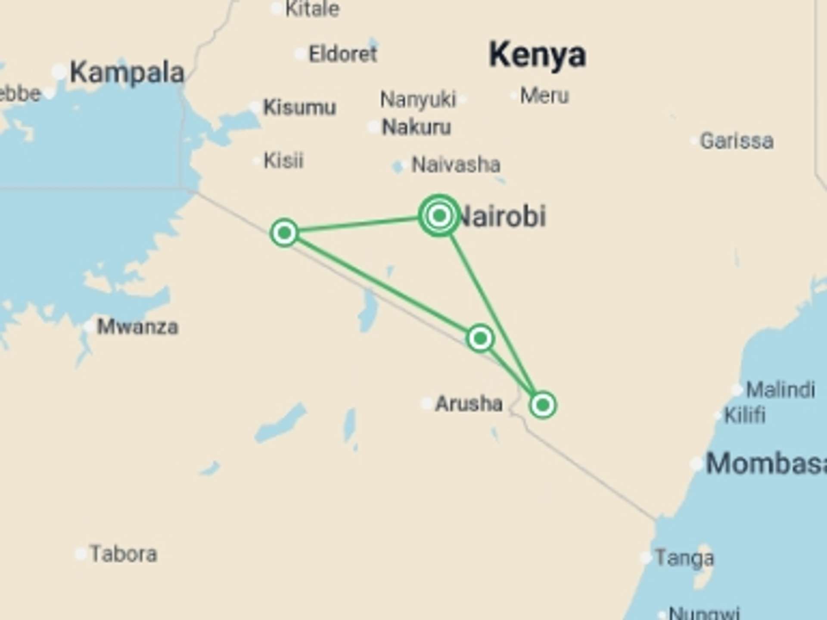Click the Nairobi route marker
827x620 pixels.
[x=439, y=215]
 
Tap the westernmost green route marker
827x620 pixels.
[x=284, y=233]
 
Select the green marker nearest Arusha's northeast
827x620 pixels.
[x=480, y=339]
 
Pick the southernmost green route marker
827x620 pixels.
[x=543, y=405]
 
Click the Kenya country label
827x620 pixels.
[x=537, y=55]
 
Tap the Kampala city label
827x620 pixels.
[x=127, y=73]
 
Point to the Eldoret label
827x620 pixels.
[x=343, y=54]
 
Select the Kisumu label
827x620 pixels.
[x=299, y=107]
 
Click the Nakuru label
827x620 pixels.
[x=417, y=127]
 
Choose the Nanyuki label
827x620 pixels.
[x=417, y=99]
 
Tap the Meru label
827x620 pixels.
[x=544, y=96]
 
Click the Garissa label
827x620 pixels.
[x=737, y=141]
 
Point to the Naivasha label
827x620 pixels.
[x=456, y=164]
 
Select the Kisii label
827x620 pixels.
[x=283, y=161]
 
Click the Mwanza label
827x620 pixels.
[x=137, y=327]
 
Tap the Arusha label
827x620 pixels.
[x=469, y=404]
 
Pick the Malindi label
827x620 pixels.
[x=780, y=390]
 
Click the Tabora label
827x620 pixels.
[x=123, y=554]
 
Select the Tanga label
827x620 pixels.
[x=684, y=558]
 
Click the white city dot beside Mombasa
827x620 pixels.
[x=696, y=464]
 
